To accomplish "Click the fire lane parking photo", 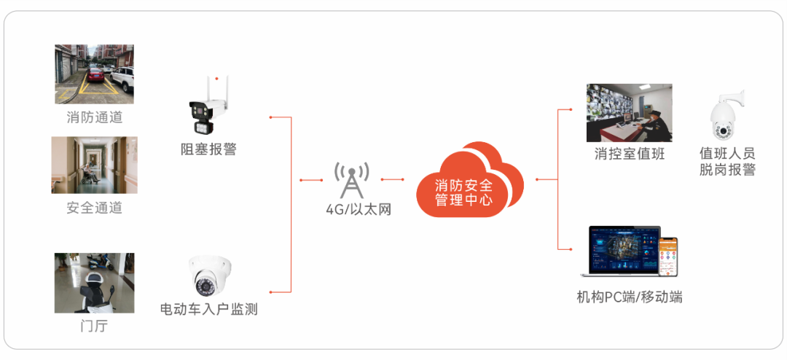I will [x=95, y=74].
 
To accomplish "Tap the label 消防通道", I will [x=95, y=117].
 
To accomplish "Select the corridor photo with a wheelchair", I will [x=95, y=165].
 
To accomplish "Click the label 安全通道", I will [x=95, y=208].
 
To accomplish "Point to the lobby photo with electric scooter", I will [x=95, y=283].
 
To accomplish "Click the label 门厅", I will [x=94, y=326].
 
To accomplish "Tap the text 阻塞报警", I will [x=208, y=149].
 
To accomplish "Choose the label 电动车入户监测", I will [x=208, y=309].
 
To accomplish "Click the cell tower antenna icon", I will [x=351, y=179].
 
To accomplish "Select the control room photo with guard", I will [x=630, y=112].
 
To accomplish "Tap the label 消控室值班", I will [x=630, y=154].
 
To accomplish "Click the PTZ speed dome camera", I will [x=727, y=117].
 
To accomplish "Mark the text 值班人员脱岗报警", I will [x=727, y=162].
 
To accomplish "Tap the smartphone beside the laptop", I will [x=668, y=257].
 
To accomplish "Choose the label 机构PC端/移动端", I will [x=630, y=297].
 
